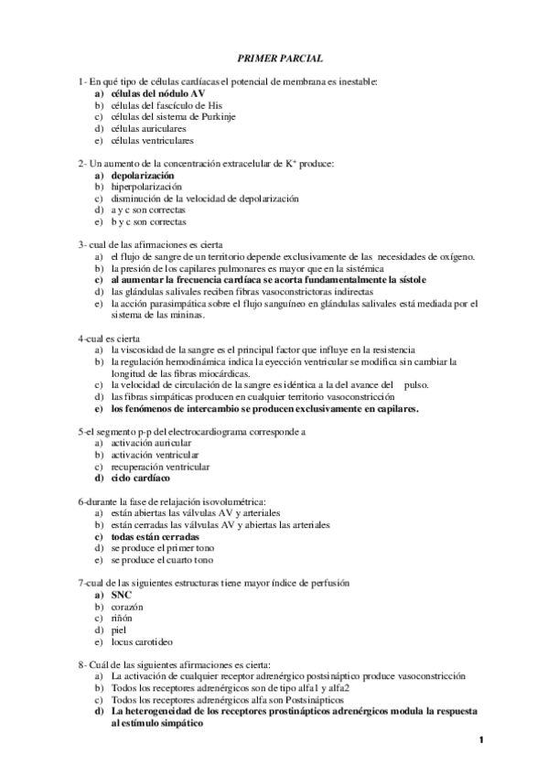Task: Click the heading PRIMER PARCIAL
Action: [x=274, y=57]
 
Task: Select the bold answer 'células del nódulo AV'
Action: [x=151, y=94]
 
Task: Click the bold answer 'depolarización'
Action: [x=141, y=175]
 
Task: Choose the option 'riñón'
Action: [x=122, y=619]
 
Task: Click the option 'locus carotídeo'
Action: [x=141, y=642]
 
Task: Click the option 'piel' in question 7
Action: [x=119, y=630]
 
